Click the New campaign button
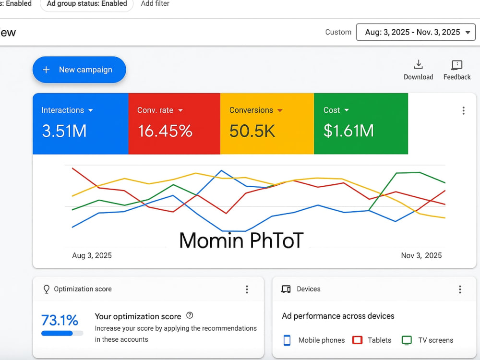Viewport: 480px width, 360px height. pos(79,70)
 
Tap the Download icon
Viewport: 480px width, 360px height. pos(418,65)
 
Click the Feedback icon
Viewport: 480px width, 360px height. pos(457,65)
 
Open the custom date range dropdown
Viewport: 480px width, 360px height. pos(416,32)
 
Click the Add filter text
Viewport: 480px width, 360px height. pos(155,4)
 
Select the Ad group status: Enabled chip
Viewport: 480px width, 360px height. pos(87,4)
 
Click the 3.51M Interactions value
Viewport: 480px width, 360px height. pos(64,131)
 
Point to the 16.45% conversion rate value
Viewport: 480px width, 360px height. pos(165,131)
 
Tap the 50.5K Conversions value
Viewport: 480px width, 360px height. pos(252,131)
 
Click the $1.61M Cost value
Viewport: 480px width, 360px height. pos(348,131)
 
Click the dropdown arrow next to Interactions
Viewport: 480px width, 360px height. pos(91,110)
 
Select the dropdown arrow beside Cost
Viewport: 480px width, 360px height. pos(347,110)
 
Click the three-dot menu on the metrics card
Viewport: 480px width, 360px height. pos(464,110)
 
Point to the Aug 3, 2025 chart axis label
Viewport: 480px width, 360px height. pos(92,255)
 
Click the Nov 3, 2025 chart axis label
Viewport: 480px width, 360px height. pos(421,255)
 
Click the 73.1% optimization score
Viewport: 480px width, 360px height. pos(60,320)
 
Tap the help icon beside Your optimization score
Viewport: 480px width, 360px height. pos(190,315)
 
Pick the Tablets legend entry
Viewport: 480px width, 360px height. pos(372,340)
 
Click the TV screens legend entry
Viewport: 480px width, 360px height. pos(427,340)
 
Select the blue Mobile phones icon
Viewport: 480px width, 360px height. pos(287,340)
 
